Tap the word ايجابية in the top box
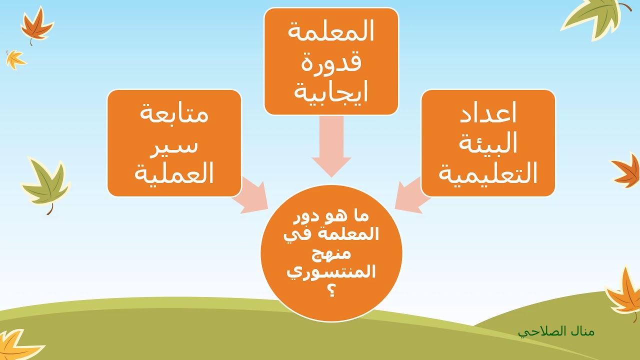click(x=331, y=92)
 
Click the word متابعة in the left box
click(x=174, y=114)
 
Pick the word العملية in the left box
click(x=174, y=174)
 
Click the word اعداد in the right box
click(x=488, y=114)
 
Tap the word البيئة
click(x=488, y=144)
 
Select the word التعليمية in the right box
click(x=488, y=174)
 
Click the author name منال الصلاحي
click(x=556, y=331)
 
